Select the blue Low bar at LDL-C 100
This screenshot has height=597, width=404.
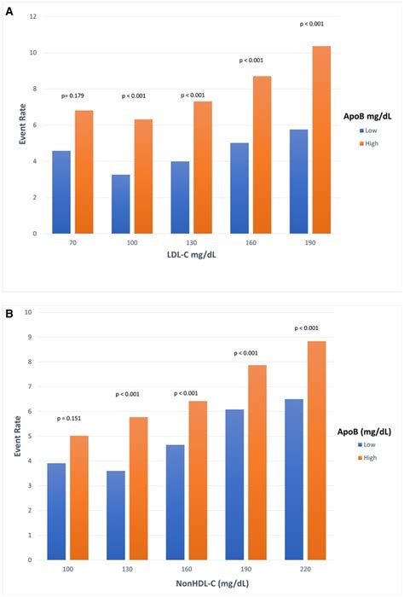(x=121, y=204)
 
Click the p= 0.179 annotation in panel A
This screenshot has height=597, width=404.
(x=75, y=96)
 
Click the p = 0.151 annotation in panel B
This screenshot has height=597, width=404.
(x=72, y=419)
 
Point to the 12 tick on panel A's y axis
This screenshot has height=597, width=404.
(x=34, y=17)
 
